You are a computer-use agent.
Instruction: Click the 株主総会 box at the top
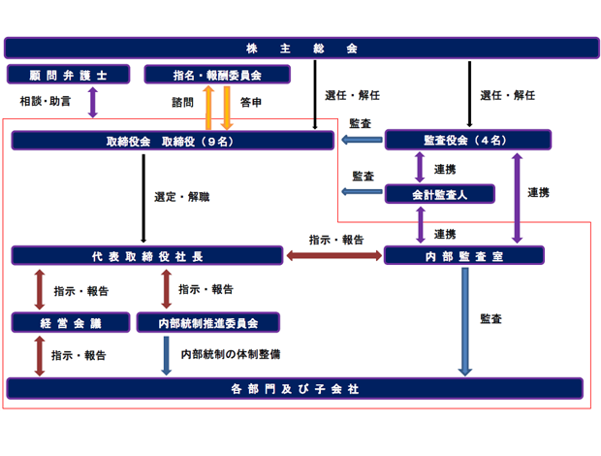coord(300,48)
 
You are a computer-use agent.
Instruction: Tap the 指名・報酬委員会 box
coord(216,75)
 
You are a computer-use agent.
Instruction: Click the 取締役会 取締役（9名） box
coord(174,142)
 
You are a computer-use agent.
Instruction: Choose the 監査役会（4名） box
coord(467,141)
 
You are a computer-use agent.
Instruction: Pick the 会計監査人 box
coord(439,194)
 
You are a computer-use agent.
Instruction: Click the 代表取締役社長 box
coord(148,255)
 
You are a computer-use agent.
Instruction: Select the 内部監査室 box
coord(463,255)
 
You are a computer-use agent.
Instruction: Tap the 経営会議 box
coord(70,322)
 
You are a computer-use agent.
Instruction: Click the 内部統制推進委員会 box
coord(208,322)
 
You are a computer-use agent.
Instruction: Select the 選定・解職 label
coord(181,197)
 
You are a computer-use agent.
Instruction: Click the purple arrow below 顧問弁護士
coord(93,102)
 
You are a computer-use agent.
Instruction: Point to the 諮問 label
coord(182,101)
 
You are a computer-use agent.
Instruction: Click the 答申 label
coord(251,101)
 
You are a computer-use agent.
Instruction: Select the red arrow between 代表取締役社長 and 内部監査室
coord(333,255)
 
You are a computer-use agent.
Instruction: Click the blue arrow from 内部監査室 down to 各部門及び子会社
coord(465,321)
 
